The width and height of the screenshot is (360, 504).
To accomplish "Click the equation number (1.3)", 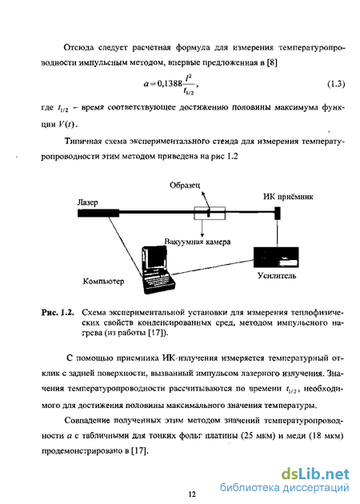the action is pyautogui.click(x=336, y=84).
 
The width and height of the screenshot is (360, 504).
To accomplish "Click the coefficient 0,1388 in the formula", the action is pyautogui.click(x=170, y=84).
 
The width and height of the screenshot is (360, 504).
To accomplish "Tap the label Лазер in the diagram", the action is pyautogui.click(x=87, y=202).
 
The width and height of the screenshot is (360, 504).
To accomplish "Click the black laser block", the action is pyautogui.click(x=98, y=213).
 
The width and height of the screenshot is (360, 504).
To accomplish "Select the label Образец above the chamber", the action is pyautogui.click(x=185, y=186).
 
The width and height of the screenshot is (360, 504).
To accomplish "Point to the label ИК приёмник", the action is pyautogui.click(x=288, y=197).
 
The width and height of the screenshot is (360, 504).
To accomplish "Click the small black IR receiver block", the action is pyautogui.click(x=278, y=213).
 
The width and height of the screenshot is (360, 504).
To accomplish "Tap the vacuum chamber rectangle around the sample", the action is pyautogui.click(x=210, y=213).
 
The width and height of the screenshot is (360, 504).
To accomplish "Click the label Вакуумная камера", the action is pyautogui.click(x=198, y=242).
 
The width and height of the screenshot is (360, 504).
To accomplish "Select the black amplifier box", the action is pyautogui.click(x=276, y=257).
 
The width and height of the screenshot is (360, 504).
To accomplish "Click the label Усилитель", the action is pyautogui.click(x=277, y=275).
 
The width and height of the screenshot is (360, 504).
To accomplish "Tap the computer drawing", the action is pyautogui.click(x=158, y=270).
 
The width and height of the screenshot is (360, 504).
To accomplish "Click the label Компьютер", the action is pyautogui.click(x=103, y=282).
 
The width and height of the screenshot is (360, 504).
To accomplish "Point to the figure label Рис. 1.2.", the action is pyautogui.click(x=58, y=313).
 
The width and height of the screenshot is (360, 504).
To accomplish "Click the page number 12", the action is pyautogui.click(x=192, y=494).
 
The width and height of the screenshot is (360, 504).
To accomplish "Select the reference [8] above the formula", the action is pyautogui.click(x=272, y=62).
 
